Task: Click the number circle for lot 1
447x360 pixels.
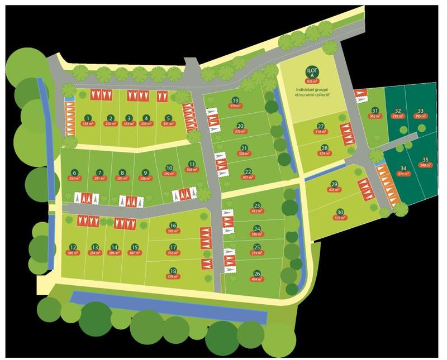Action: click(x=87, y=118)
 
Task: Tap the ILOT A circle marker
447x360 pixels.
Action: click(x=311, y=72)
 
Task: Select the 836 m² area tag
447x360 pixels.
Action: click(x=311, y=82)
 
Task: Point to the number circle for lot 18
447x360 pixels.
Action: click(x=173, y=271)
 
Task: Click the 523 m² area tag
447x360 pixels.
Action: click(x=340, y=218)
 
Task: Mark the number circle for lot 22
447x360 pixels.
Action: click(x=248, y=172)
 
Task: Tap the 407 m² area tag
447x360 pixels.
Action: click(x=248, y=178)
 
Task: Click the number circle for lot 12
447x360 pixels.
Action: click(x=73, y=247)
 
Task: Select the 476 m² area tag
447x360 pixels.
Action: click(x=173, y=277)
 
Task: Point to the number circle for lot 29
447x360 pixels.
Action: click(x=334, y=184)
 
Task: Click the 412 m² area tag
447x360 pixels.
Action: click(x=257, y=212)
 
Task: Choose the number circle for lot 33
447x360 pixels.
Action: click(x=420, y=111)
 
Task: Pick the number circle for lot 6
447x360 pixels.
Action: click(x=75, y=172)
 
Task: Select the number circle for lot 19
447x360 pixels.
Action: click(x=235, y=100)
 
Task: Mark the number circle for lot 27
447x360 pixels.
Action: click(x=321, y=126)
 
